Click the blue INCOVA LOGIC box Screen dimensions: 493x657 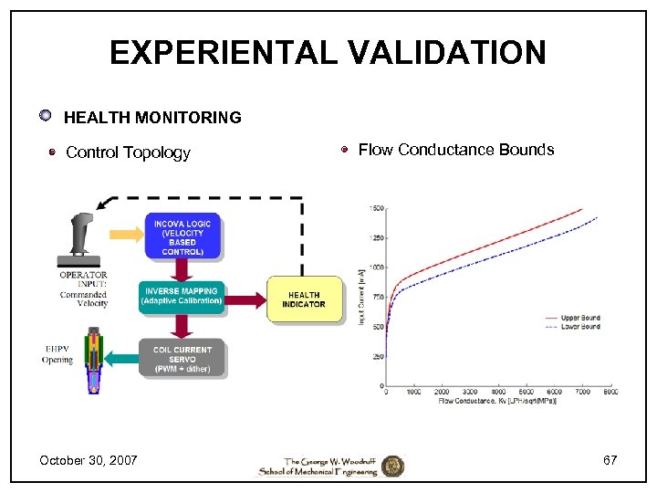182,236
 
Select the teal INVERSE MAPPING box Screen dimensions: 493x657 182,296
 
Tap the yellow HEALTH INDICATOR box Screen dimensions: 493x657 304,299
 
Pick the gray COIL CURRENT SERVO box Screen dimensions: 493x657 182,358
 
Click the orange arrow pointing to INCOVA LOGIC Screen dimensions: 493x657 125,234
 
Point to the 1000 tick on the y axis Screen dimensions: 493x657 376,267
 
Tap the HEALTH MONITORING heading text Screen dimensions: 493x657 152,117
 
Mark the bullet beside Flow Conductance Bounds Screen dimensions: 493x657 345,150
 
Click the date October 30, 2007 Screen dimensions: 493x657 89,459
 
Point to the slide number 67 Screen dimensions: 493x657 610,459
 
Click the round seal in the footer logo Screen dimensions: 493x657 392,466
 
